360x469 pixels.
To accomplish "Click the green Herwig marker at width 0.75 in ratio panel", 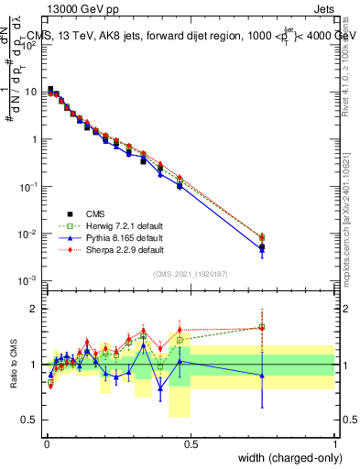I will point(262,327).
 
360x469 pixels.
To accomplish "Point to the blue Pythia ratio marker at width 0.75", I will point(262,376).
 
